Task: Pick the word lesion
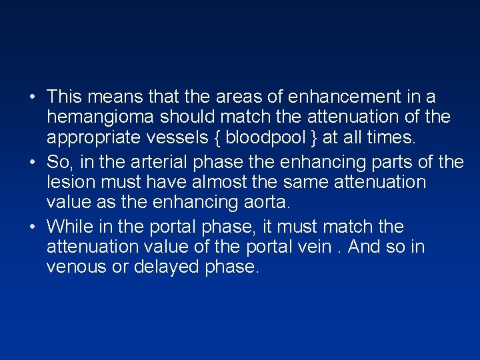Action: [71, 182]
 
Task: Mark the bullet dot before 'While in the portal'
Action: [33, 227]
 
